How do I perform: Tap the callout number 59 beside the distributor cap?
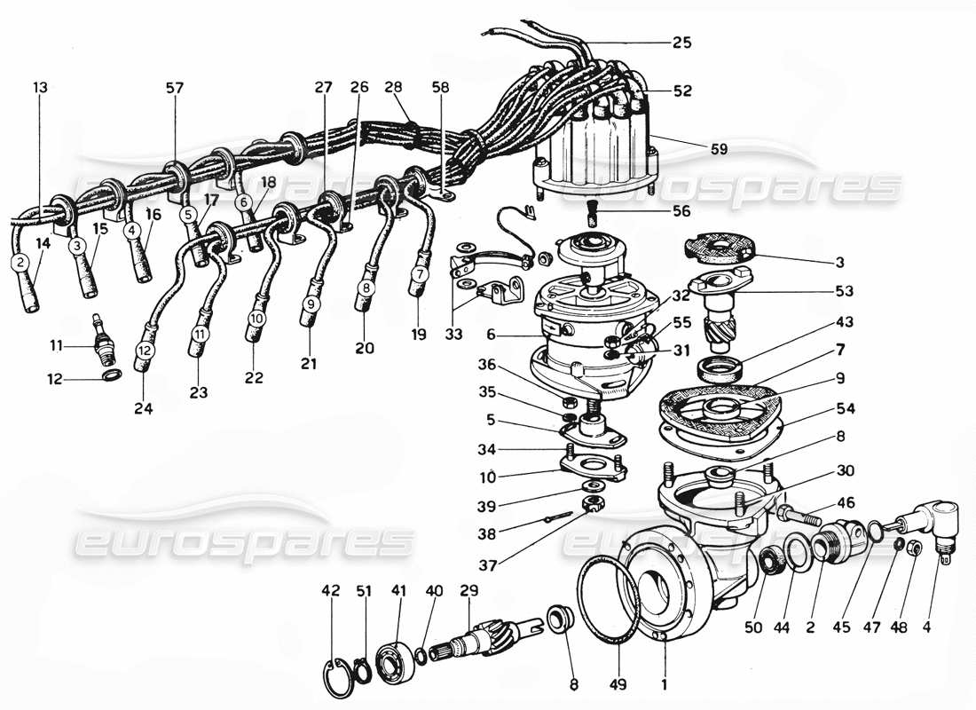719,149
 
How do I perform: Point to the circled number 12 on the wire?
144,351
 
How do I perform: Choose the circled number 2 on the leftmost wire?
18,262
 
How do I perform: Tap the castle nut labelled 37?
589,507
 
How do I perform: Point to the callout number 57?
174,88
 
